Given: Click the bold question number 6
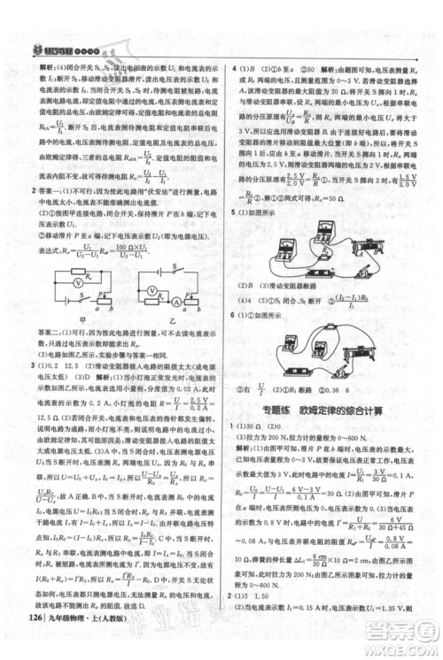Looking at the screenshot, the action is point(232,315).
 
